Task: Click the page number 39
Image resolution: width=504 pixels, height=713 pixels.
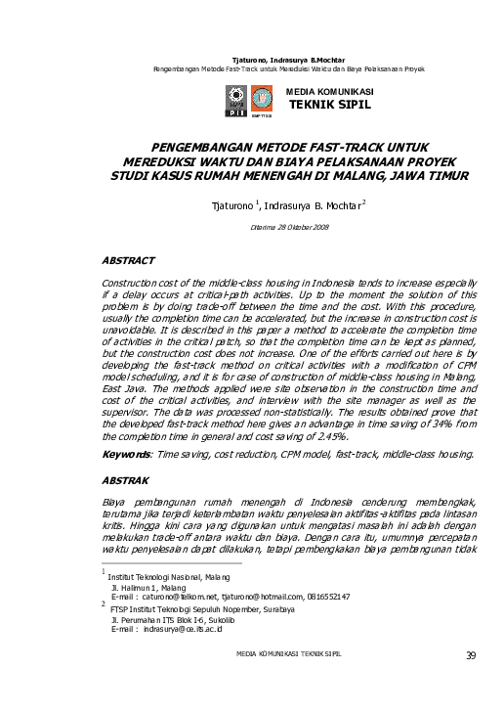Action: point(471,682)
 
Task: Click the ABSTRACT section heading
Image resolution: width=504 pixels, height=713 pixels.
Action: point(128,261)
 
